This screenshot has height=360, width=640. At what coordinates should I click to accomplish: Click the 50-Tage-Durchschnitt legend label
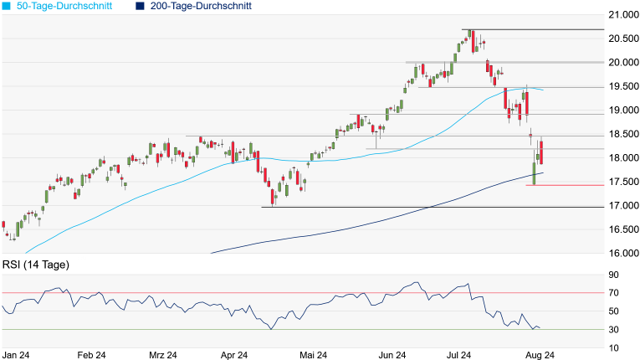click(x=66, y=6)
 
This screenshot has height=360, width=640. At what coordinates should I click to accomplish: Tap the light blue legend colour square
click(x=7, y=6)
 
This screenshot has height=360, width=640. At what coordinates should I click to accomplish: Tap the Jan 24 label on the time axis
click(x=17, y=355)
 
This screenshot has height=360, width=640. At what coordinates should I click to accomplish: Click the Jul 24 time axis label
click(x=465, y=355)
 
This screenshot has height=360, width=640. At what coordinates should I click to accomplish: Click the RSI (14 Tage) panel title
click(x=36, y=265)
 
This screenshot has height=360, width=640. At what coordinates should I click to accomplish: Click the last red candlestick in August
click(x=542, y=152)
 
